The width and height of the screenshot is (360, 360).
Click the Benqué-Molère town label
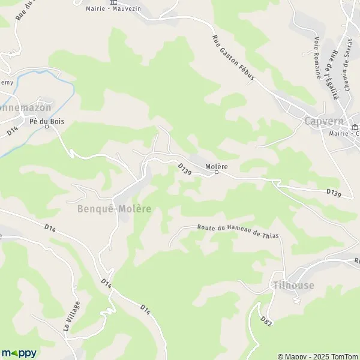click(x=114, y=209)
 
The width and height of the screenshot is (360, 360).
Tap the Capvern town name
click(x=324, y=121)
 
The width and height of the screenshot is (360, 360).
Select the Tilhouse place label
click(x=293, y=285)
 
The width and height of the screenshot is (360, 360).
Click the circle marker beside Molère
click(x=217, y=173)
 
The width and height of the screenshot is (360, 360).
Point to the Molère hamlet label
click(x=217, y=166)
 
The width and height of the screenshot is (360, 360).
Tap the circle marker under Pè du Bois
click(x=46, y=127)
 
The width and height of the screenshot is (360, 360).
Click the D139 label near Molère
click(x=184, y=170)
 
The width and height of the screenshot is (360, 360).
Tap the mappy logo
click(x=19, y=353)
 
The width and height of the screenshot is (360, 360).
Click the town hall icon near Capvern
click(x=355, y=127)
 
